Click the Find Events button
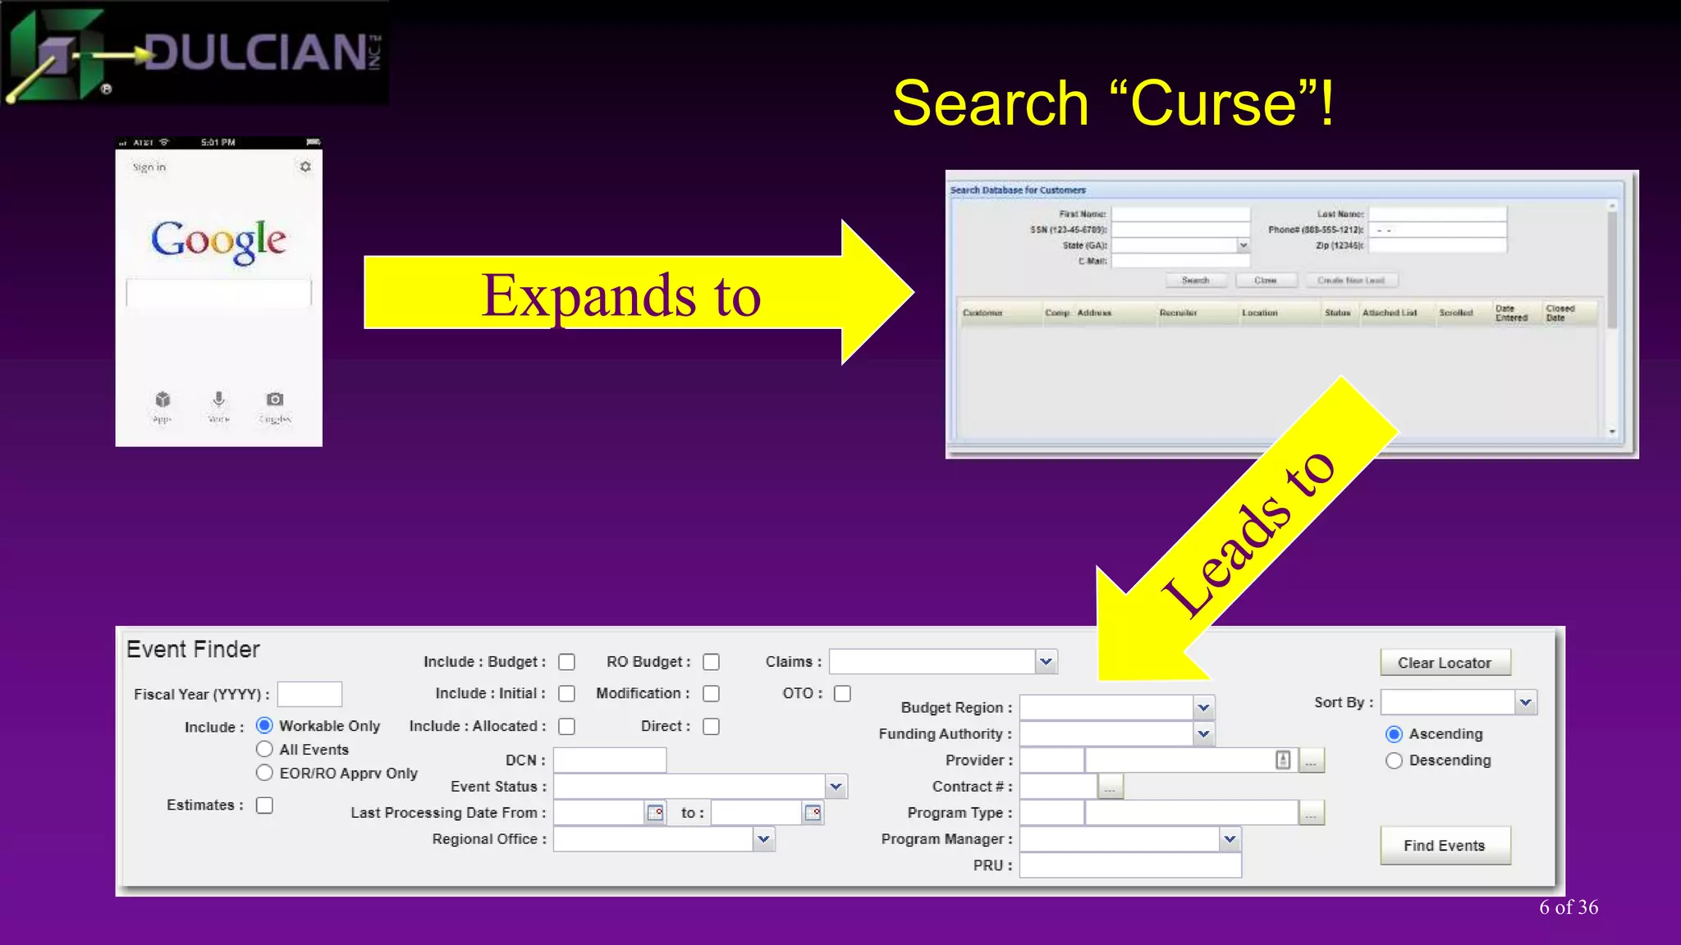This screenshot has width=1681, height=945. (1445, 846)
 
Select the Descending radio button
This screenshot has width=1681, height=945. (1394, 760)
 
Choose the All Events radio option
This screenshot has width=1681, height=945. (264, 749)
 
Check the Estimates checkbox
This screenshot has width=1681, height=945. (264, 806)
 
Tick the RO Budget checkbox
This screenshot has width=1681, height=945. (712, 662)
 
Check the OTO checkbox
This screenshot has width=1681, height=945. (842, 694)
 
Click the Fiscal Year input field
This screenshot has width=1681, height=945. (309, 694)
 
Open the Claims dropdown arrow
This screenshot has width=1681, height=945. (1046, 662)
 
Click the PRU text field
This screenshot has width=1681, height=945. (1130, 865)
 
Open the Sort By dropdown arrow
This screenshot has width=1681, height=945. (1525, 702)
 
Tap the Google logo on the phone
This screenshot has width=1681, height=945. (218, 240)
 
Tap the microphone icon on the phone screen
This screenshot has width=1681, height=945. (218, 399)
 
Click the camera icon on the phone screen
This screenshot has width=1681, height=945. (275, 399)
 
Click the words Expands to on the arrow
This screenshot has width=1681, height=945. (621, 295)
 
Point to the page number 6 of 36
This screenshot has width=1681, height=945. (1569, 907)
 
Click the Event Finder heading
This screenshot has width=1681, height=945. (194, 650)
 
